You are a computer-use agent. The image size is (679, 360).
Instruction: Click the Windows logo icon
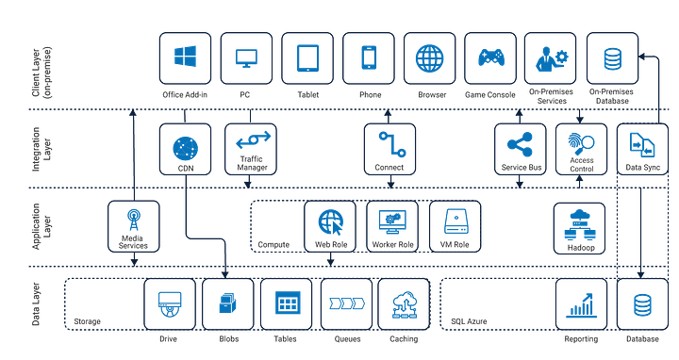(184, 57)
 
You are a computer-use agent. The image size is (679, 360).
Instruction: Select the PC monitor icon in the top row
(245, 57)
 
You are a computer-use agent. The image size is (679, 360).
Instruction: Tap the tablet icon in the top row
(306, 57)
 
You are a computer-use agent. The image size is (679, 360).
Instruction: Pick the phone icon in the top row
(368, 57)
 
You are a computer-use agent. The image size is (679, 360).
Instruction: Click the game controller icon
(489, 57)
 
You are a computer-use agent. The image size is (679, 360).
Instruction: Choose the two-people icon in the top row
(550, 57)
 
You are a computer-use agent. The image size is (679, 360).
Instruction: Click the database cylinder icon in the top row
(611, 57)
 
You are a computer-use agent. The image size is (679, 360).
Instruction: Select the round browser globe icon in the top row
(429, 57)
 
